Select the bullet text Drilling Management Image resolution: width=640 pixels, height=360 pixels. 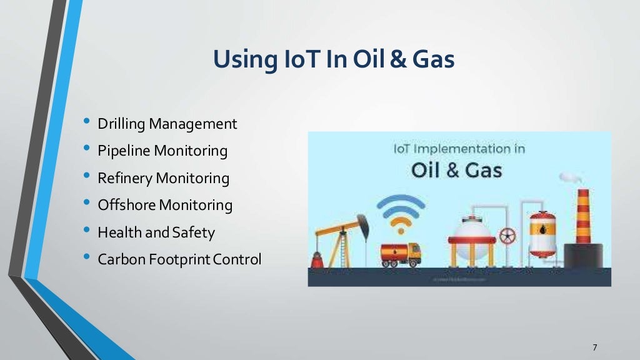(167, 124)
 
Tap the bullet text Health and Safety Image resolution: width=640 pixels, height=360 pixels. (156, 232)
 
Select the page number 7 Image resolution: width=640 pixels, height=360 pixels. (594, 347)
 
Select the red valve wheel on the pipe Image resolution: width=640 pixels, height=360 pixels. (508, 236)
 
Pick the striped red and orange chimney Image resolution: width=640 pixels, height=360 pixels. (583, 216)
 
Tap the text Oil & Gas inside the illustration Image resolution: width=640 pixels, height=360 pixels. (456, 169)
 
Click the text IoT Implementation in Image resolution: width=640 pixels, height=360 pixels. (459, 149)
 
